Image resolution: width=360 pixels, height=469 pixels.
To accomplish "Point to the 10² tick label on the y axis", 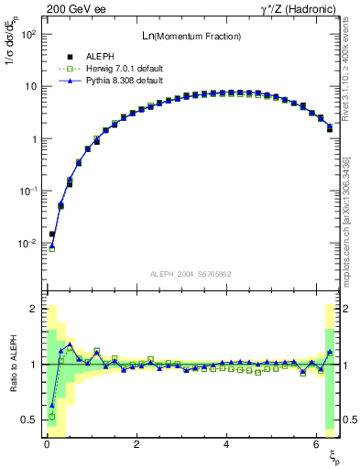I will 27,34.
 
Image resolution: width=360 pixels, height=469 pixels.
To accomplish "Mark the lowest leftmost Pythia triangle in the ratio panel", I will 52,405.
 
